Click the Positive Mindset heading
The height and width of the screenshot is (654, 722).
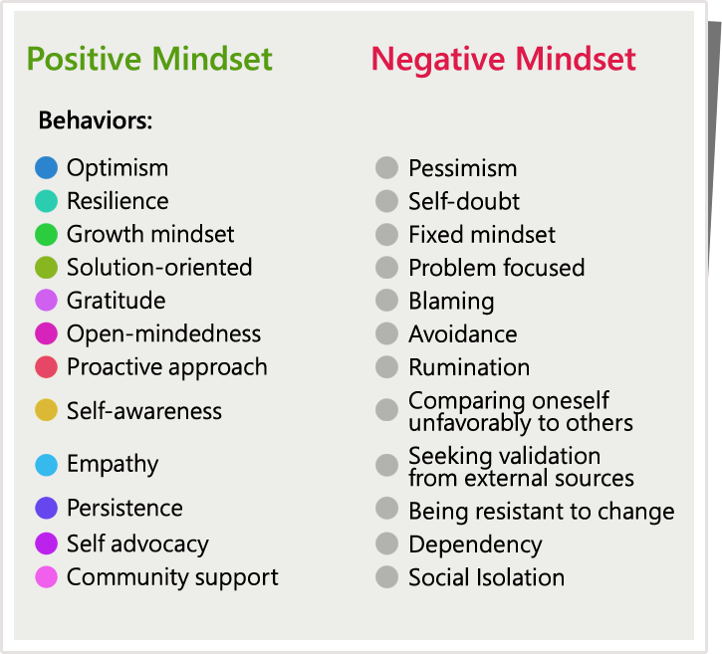coord(149,60)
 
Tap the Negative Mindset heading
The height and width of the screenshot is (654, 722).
coord(503,60)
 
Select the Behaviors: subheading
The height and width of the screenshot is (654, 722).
coord(96,120)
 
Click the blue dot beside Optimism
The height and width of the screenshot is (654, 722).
coord(46,167)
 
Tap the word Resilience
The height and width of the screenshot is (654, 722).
coord(118,201)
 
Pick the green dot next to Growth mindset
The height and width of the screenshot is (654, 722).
coord(46,234)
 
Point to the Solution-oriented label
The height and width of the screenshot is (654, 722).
coord(159,268)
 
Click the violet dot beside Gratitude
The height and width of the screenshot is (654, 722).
coord(46,301)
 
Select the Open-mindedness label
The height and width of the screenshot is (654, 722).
coord(164,333)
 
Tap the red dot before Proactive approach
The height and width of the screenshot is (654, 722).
coord(46,366)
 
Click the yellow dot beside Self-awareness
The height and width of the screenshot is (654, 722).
coord(46,410)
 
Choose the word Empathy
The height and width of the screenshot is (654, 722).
coord(113,465)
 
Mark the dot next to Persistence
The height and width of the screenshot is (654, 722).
coord(46,508)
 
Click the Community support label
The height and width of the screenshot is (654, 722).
coord(172,577)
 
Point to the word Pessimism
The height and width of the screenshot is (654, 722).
coord(463,168)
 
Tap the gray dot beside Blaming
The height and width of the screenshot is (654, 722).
coord(386,301)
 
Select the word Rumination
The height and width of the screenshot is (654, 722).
coord(469,367)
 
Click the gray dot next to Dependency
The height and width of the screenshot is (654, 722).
coord(386,544)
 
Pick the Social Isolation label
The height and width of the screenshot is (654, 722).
coord(487,577)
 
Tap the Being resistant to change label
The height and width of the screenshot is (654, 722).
coord(542,512)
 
